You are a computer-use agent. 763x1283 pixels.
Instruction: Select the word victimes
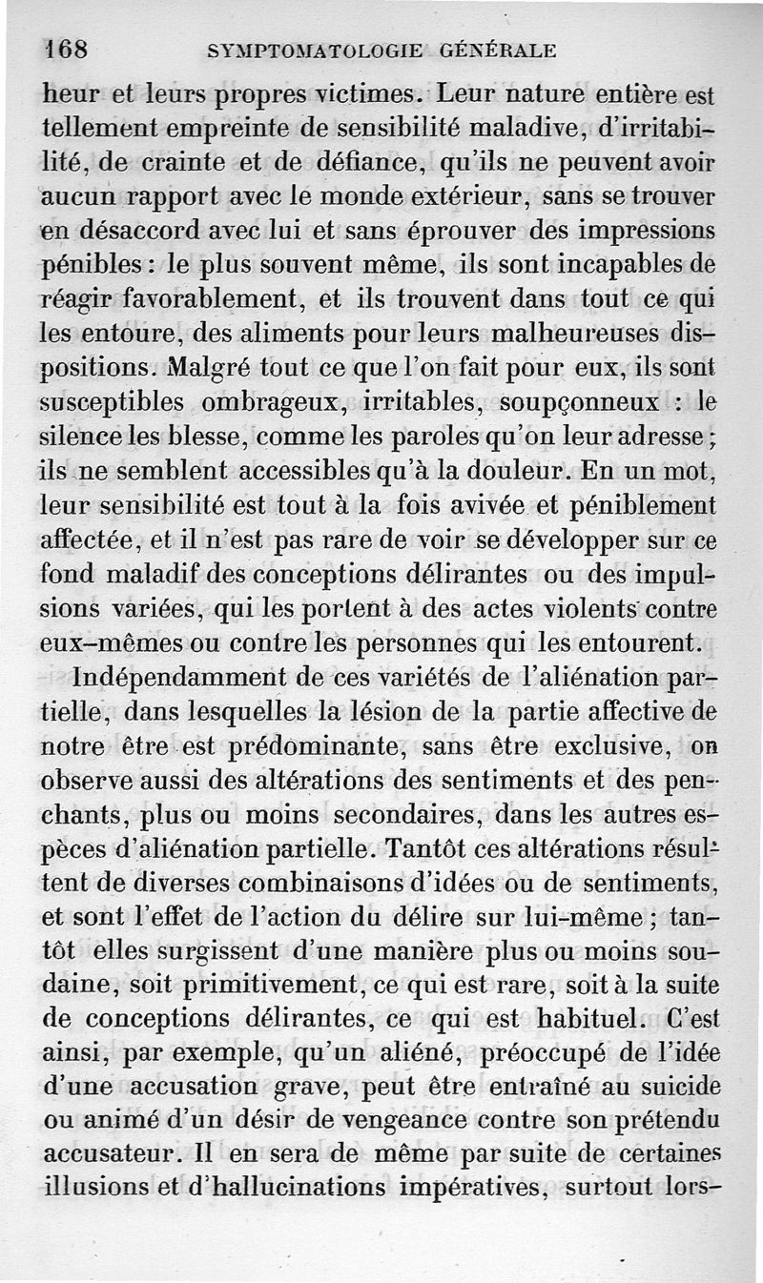(x=364, y=96)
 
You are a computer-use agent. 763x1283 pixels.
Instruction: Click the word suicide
(x=673, y=1086)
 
